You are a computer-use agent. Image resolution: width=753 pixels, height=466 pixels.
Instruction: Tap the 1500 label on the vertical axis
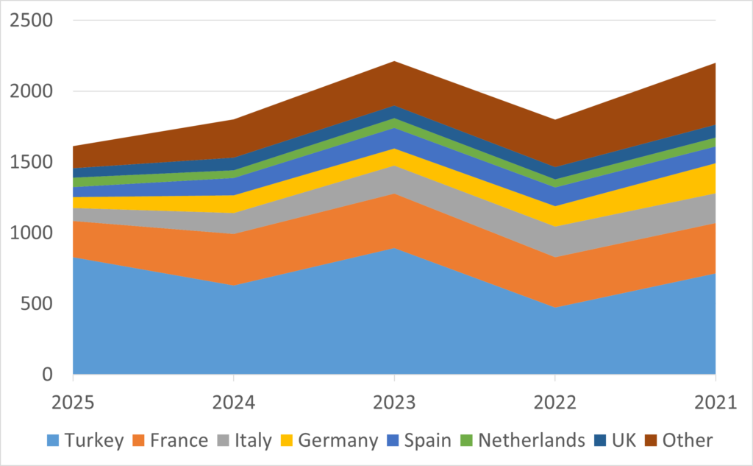[x=32, y=162]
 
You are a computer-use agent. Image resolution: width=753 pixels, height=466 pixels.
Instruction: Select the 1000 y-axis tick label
[x=32, y=233]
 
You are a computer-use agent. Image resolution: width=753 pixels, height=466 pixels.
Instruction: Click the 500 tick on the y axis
[x=38, y=303]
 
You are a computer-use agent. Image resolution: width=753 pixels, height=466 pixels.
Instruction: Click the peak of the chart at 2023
[x=394, y=61]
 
